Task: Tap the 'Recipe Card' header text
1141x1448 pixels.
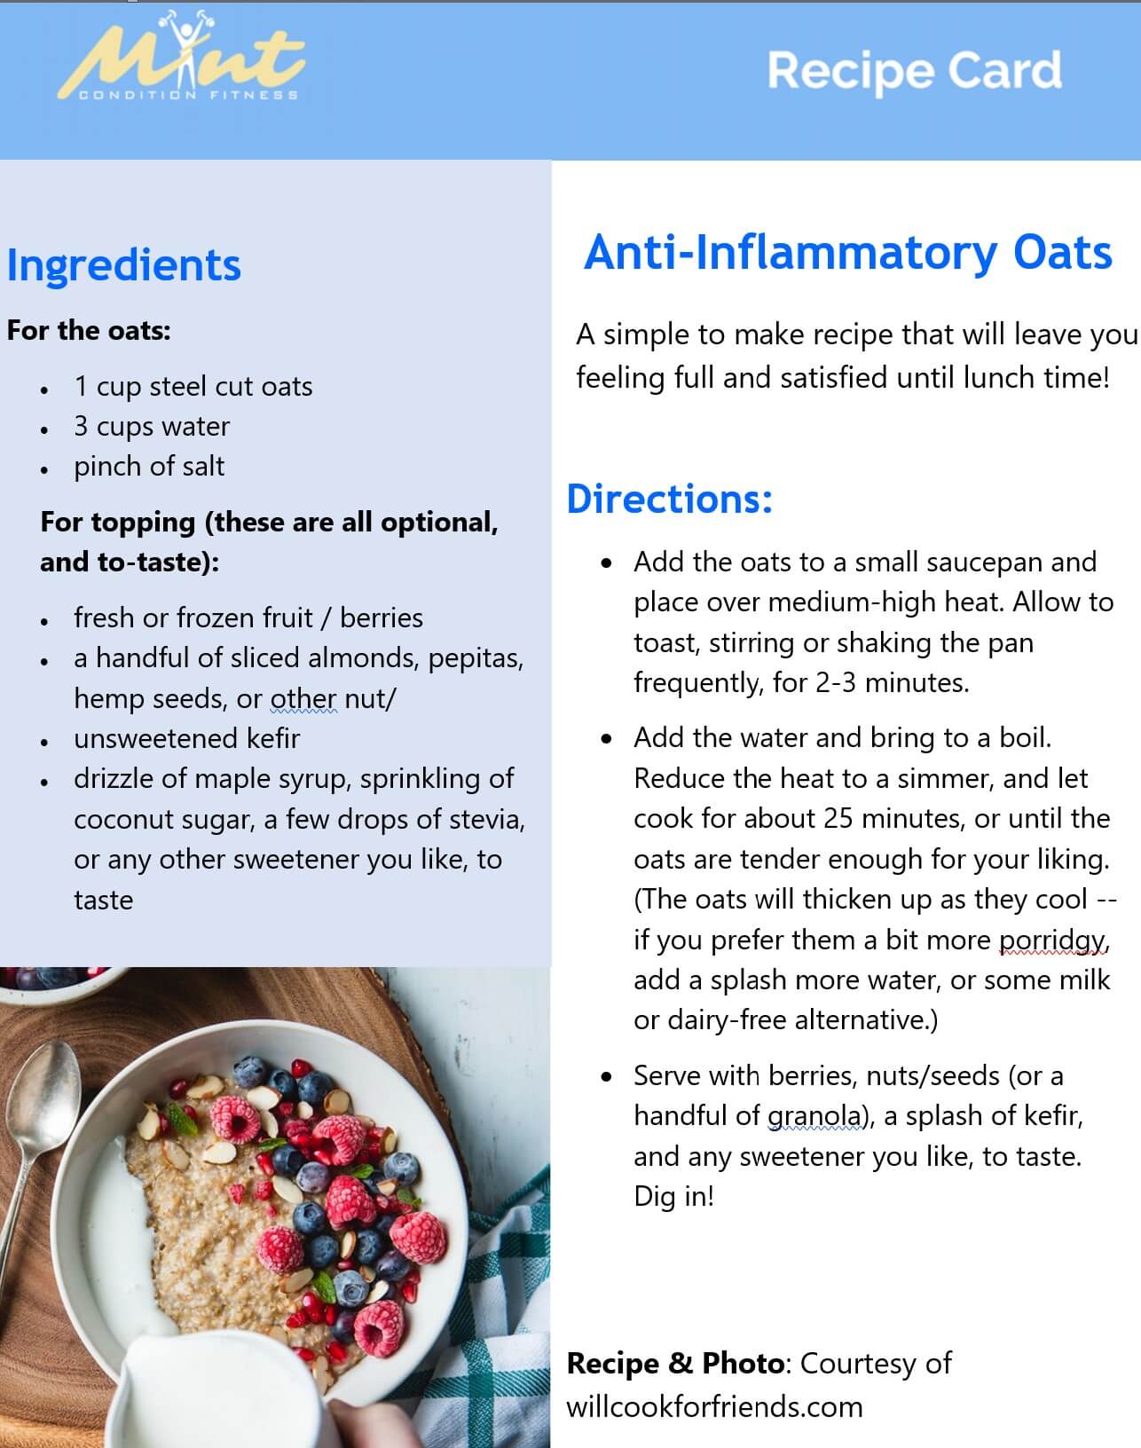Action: pos(914,71)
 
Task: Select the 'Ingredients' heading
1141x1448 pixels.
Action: pos(123,264)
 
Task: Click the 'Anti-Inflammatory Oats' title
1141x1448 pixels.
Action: pos(847,252)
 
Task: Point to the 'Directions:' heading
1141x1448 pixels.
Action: pos(669,499)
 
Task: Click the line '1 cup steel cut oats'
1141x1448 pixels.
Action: pos(193,387)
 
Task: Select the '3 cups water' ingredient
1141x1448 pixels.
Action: pos(152,427)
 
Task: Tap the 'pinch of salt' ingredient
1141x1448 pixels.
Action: pos(149,467)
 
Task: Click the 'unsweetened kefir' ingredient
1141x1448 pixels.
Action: pos(186,738)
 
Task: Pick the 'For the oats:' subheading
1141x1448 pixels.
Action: pos(89,331)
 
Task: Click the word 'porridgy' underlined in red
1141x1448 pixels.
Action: pos(1053,940)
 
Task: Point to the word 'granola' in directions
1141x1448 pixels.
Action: pos(814,1115)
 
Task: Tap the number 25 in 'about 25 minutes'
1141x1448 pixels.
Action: pos(838,818)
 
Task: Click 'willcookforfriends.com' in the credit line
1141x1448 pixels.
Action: pos(714,1406)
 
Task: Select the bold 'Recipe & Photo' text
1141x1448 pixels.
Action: pos(675,1363)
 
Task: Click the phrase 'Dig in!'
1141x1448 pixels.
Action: pos(673,1197)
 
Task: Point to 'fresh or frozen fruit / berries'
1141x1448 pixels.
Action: pos(248,618)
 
